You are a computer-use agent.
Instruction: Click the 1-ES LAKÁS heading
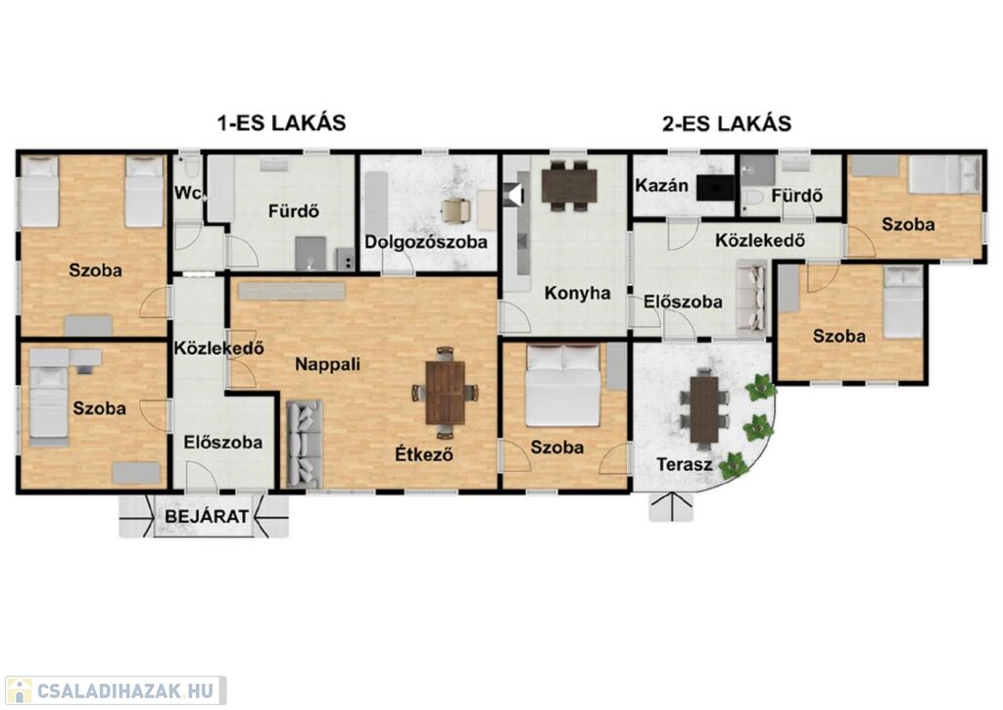[282, 122]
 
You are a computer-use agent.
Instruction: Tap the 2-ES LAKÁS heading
[727, 122]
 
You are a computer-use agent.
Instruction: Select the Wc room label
[189, 192]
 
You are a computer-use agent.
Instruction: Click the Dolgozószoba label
[426, 242]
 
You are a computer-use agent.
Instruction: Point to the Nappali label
[327, 364]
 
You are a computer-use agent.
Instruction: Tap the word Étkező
[424, 453]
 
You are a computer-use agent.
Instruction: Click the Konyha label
[577, 293]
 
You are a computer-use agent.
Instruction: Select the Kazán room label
[661, 185]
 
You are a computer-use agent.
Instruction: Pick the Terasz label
[684, 464]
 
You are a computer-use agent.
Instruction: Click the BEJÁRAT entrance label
[207, 515]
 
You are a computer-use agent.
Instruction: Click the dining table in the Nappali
[446, 393]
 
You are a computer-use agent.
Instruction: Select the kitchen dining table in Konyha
[569, 185]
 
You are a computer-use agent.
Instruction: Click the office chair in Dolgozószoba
[455, 211]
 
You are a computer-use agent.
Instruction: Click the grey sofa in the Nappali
[304, 444]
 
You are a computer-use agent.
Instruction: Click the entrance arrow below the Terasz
[671, 506]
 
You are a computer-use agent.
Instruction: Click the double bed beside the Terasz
[563, 385]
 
